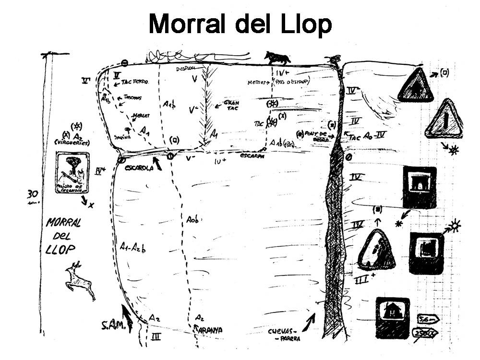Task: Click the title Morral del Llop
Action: (240, 24)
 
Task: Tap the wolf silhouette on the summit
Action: (277, 58)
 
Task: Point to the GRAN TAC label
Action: (231, 106)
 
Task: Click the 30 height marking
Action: (33, 195)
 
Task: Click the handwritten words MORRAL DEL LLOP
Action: (63, 236)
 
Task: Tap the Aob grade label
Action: (192, 220)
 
